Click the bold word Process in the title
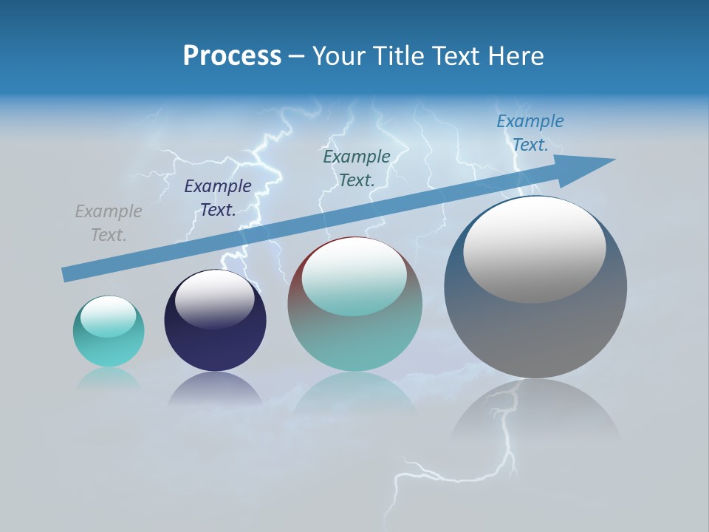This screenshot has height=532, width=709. coord(232,56)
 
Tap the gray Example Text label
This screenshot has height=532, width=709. coord(109,223)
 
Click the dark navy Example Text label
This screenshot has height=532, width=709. coord(218,198)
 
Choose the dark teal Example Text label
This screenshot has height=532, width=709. coord(357,168)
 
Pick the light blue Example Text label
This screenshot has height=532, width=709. coord(530,133)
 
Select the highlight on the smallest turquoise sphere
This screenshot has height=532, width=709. coord(109,316)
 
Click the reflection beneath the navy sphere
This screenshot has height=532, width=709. coord(215,389)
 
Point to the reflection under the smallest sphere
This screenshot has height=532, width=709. coord(109,378)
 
